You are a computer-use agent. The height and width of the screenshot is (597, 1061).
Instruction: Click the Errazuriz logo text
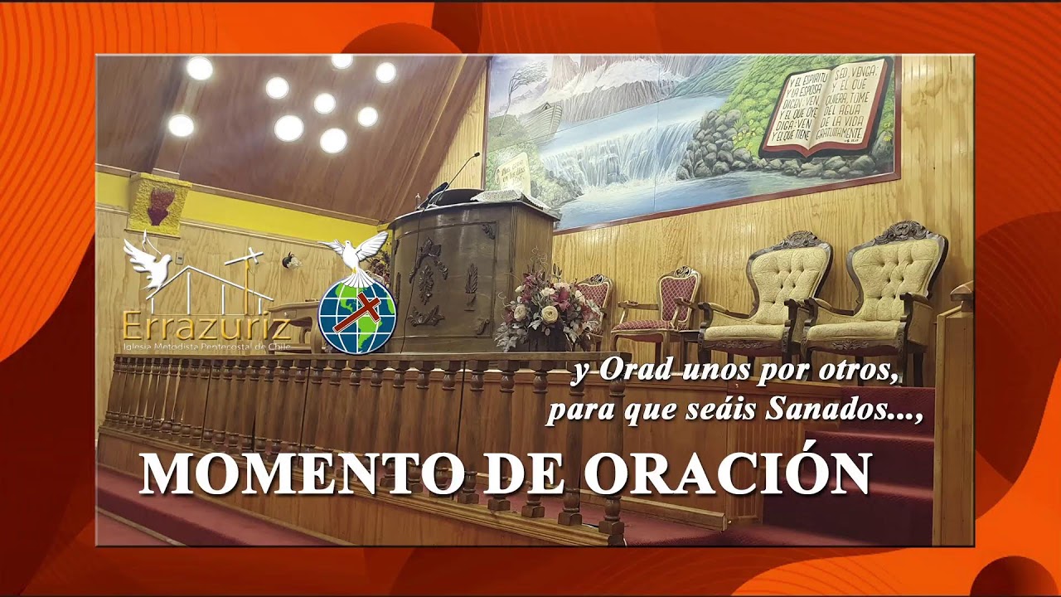click(x=206, y=324)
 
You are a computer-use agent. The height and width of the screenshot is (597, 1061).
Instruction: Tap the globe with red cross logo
click(x=357, y=316)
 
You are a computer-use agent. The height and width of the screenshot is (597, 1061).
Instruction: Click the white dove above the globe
click(x=356, y=251)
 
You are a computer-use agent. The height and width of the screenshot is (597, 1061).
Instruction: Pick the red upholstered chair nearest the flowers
click(x=593, y=307)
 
